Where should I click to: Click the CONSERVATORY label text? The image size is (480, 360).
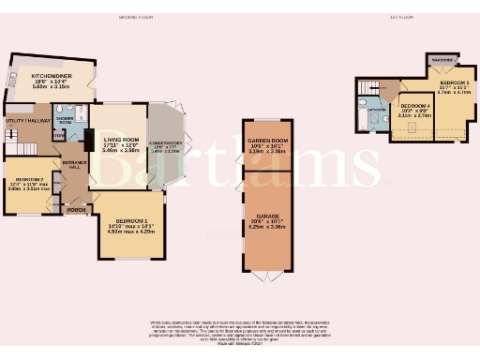coord(165,143)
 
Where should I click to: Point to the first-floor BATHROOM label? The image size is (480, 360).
coord(377,110)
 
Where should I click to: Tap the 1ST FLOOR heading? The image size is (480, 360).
coord(400,17)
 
